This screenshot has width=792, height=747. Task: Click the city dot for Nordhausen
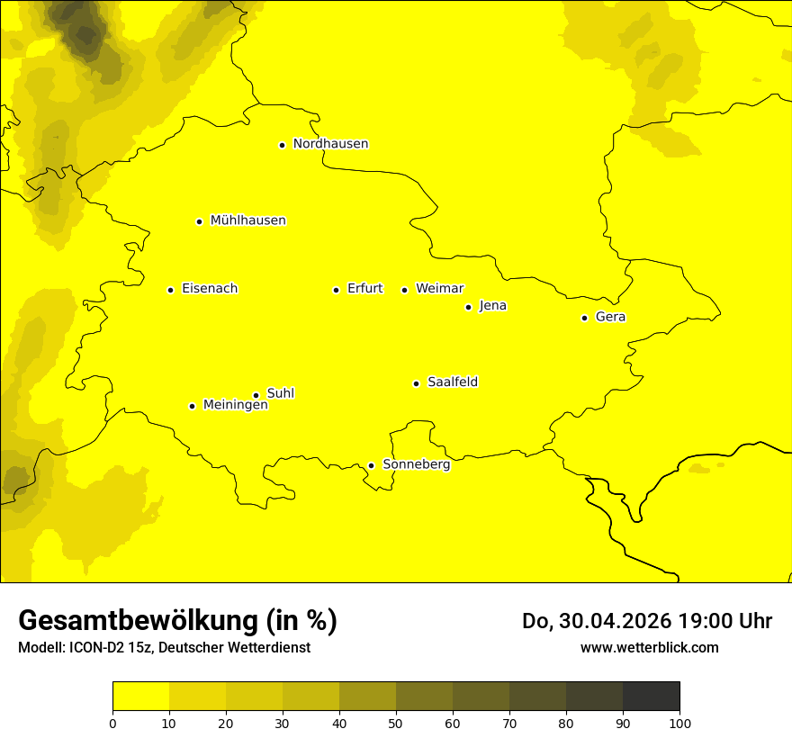(x=282, y=145)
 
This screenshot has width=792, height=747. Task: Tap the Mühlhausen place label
(x=247, y=220)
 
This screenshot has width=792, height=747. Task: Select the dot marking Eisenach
(x=170, y=290)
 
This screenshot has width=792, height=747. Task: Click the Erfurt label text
(x=364, y=289)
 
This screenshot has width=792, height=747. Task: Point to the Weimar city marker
(x=404, y=290)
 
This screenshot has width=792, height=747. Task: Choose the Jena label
(x=492, y=306)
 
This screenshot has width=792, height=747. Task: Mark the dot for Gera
(x=584, y=318)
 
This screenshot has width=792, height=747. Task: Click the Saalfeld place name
(x=452, y=382)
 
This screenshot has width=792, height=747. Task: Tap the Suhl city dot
(x=256, y=395)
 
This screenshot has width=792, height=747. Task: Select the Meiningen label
(x=235, y=405)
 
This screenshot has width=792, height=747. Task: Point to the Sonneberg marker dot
(x=371, y=465)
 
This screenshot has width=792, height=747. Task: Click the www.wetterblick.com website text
(x=649, y=647)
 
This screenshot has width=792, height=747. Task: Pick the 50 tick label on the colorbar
(x=396, y=723)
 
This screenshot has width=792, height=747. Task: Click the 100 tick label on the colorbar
(x=679, y=723)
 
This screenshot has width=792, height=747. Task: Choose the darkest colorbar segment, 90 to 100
(x=651, y=696)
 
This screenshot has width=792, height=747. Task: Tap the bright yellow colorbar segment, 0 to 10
(x=140, y=696)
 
